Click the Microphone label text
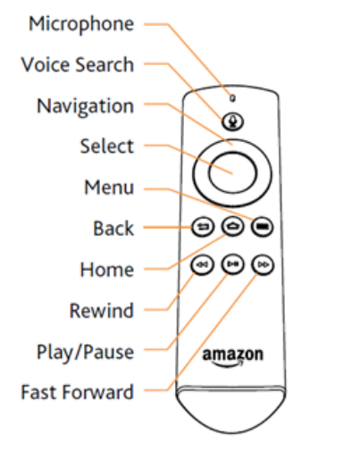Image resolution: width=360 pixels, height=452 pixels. coord(81,25)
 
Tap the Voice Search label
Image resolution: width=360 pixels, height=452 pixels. coord(78,64)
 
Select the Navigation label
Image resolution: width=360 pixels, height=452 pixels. coord(85,106)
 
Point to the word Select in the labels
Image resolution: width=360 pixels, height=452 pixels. coord(107,146)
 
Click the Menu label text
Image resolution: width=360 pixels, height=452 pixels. coord(109,188)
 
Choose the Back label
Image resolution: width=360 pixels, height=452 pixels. coord(113,229)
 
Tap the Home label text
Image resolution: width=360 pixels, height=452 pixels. coord(107,270)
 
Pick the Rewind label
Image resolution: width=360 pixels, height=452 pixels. coord(101,311)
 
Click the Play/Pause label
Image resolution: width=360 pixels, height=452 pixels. coord(85,353)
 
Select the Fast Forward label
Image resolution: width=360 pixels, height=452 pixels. coord(77,392)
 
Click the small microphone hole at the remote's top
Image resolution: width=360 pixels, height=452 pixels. coord(233,98)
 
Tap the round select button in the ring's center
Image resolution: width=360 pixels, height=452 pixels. coord(232,173)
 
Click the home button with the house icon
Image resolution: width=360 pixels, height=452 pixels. coord(232,226)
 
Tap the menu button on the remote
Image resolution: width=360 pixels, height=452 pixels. coord(263,227)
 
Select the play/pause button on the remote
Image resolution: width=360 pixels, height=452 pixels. coord(232,264)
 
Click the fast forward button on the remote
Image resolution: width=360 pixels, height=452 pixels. coord(263,264)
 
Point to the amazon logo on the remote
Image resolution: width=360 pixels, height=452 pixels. coord(233,357)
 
